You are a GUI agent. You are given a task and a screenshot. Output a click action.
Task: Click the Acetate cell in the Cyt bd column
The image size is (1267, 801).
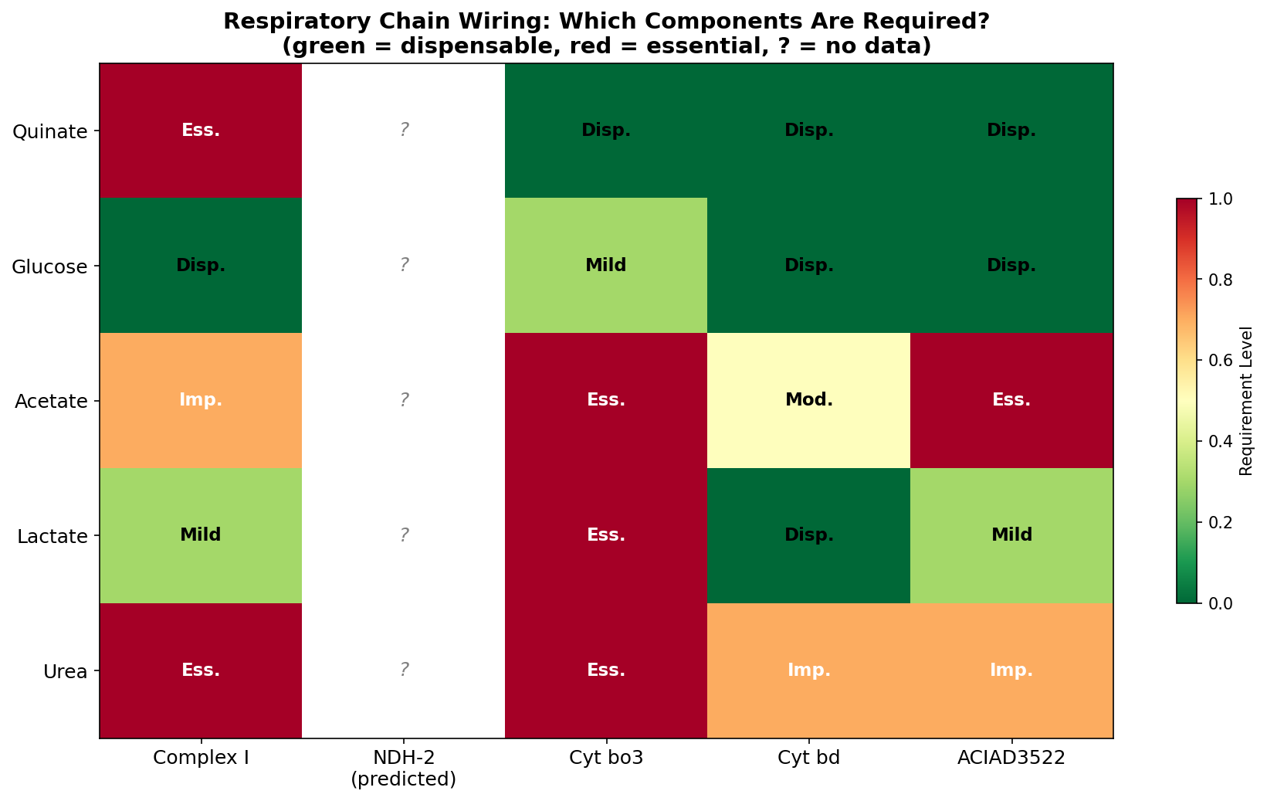pos(808,400)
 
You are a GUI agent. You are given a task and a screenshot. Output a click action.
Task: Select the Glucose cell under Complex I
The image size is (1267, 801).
pos(201,265)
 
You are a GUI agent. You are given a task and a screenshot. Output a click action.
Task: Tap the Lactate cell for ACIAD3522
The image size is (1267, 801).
pos(1011,535)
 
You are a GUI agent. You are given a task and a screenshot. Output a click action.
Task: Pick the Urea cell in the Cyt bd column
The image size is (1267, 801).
pos(808,670)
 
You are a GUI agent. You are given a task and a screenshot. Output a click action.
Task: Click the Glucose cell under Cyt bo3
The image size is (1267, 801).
pos(606,265)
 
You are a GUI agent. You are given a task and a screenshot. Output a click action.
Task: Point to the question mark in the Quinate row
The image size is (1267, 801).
pos(404,130)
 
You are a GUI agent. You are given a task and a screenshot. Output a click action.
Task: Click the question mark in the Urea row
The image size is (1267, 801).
pos(404,670)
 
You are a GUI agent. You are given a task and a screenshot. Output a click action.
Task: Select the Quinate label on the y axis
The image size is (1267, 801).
pos(50,131)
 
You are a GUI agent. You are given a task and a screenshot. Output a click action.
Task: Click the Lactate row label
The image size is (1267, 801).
pos(52,535)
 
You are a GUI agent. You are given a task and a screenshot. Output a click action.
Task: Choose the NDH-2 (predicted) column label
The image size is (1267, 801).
pos(404,768)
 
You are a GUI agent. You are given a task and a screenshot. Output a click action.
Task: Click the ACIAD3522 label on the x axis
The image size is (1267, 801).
pos(1011,758)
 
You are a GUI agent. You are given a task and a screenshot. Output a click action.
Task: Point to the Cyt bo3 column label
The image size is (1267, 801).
pos(606,758)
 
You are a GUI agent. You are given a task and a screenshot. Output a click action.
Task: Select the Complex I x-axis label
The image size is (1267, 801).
pos(201,758)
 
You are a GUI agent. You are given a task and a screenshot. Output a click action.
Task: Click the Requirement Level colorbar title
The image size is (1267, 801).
pos(1245,400)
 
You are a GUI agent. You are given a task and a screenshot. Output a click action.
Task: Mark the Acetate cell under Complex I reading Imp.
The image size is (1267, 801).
pos(201,400)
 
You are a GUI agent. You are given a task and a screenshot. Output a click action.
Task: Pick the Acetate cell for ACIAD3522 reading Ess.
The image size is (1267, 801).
pos(1011,400)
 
